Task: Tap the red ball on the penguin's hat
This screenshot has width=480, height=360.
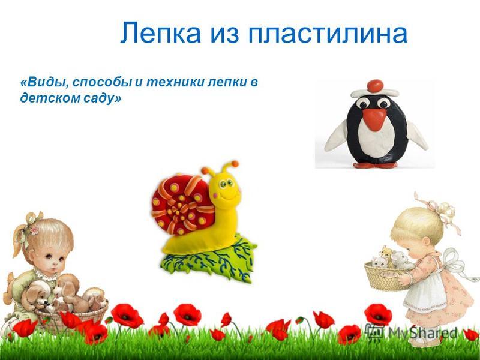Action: [376, 86]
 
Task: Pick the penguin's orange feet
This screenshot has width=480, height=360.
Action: [376, 164]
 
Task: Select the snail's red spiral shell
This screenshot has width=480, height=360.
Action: [182, 203]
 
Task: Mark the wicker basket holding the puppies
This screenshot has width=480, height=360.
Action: [70, 318]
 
